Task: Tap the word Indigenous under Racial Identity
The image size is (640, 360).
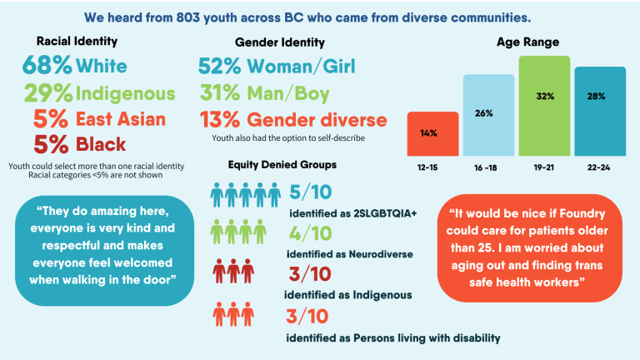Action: pyautogui.click(x=126, y=92)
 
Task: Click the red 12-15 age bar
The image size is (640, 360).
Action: pyautogui.click(x=432, y=134)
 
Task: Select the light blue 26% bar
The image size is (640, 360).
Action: pyautogui.click(x=488, y=115)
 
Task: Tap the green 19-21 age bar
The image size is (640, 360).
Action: pyautogui.click(x=544, y=106)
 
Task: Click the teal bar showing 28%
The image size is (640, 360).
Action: pyautogui.click(x=599, y=111)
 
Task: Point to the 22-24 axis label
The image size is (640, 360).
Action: pyautogui.click(x=599, y=167)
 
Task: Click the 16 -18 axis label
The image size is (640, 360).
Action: pyautogui.click(x=488, y=167)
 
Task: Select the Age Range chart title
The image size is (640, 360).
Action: pyautogui.click(x=527, y=42)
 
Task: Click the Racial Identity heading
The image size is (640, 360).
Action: pyautogui.click(x=77, y=40)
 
